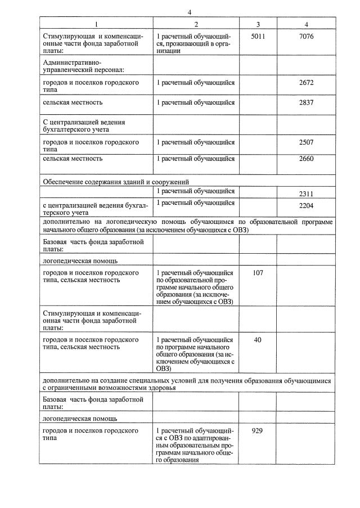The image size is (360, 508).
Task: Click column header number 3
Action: [258, 24]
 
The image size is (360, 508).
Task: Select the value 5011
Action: [258, 37]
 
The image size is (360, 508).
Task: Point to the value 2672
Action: [307, 83]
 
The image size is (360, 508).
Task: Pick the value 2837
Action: [307, 102]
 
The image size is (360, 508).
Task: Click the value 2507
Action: [307, 142]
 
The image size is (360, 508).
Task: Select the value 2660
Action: [307, 159]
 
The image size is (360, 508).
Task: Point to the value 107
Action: [258, 273]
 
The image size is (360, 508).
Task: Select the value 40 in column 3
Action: [258, 340]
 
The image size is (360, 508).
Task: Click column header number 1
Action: [96, 24]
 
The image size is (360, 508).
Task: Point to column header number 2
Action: [196, 24]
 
